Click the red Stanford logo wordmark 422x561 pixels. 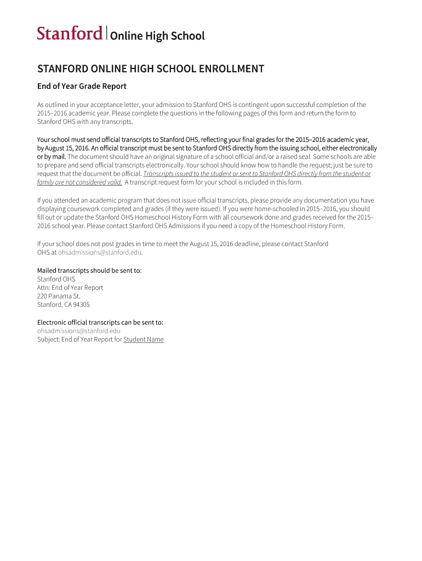(x=70, y=33)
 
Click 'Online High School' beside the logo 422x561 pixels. (x=157, y=36)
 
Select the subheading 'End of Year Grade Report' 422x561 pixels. (x=82, y=86)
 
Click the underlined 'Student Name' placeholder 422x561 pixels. (x=144, y=340)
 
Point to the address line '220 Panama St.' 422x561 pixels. (x=59, y=296)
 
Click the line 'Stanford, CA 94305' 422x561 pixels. (x=63, y=305)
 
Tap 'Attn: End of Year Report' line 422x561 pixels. (x=70, y=288)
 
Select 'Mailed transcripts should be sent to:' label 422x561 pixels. (x=89, y=271)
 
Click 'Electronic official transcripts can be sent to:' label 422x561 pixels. (x=100, y=322)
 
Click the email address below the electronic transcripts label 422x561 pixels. (x=78, y=331)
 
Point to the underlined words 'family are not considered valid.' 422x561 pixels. (x=79, y=182)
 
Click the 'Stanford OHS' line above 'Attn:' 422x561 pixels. (x=56, y=279)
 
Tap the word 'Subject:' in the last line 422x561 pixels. (x=48, y=340)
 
